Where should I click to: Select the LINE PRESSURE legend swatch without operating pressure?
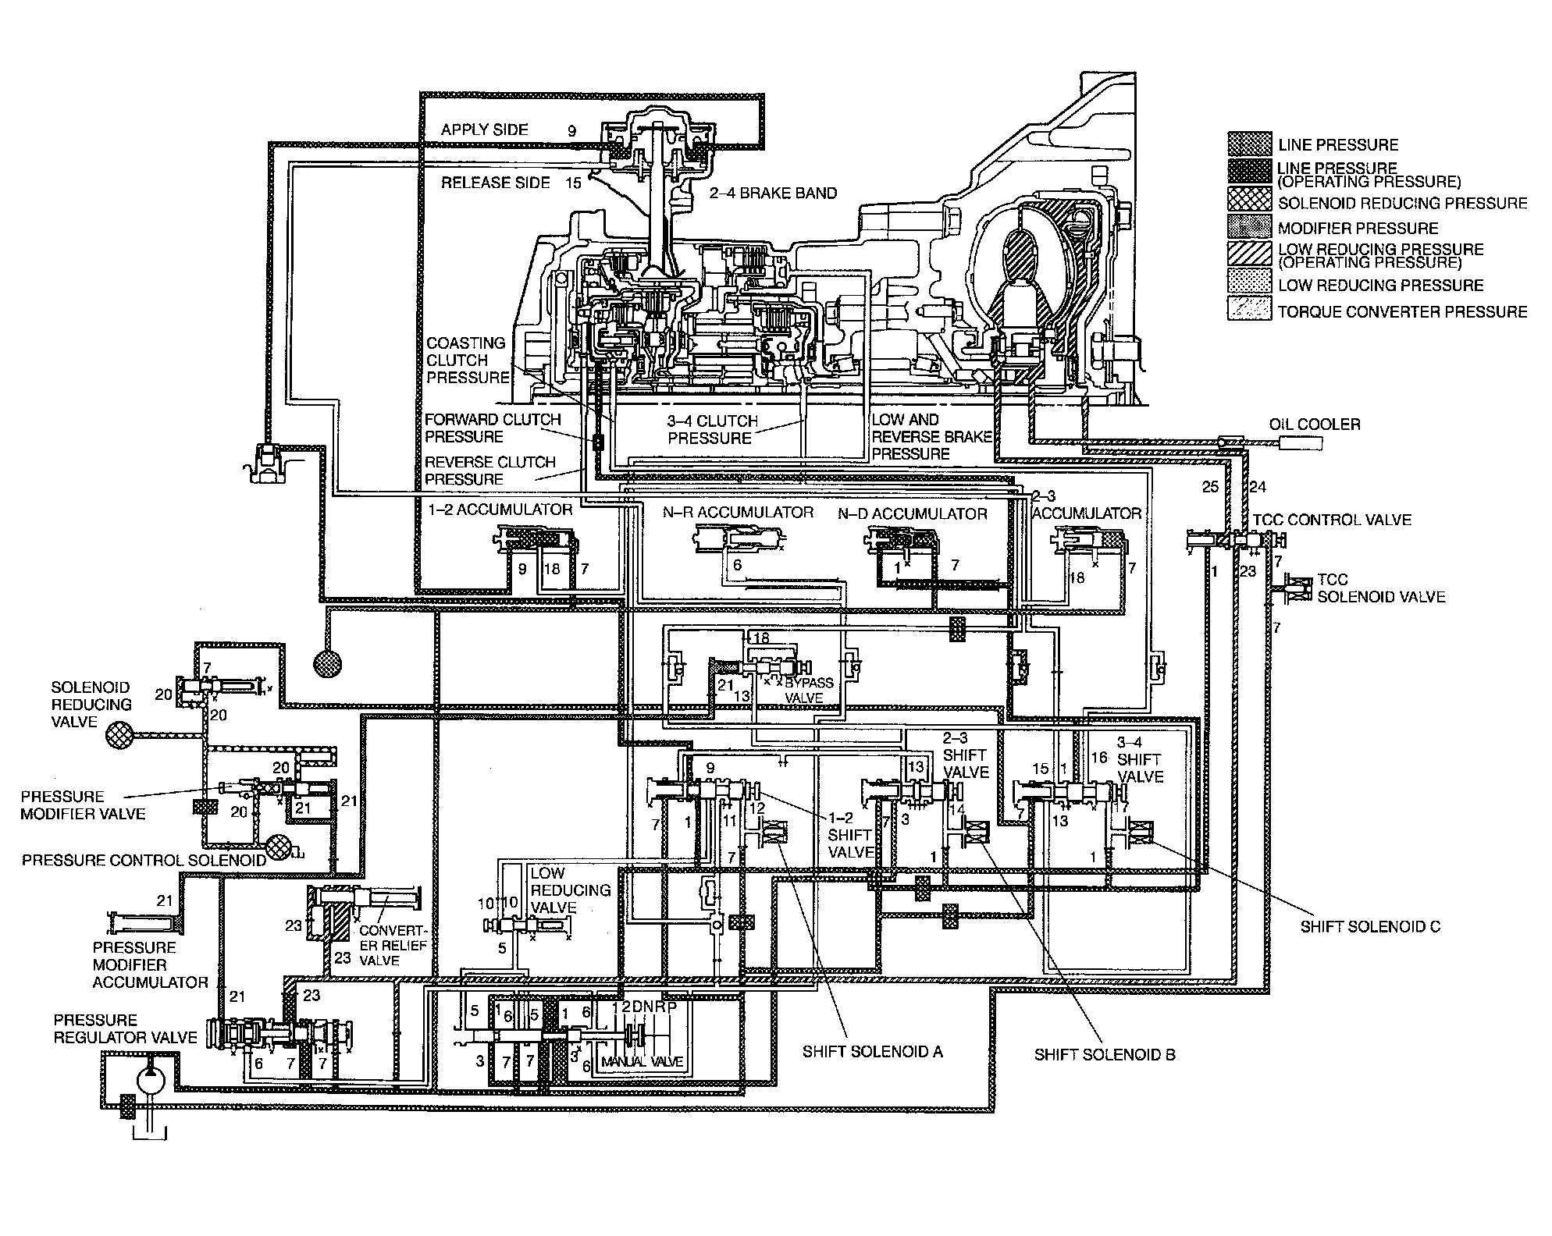click(x=1250, y=144)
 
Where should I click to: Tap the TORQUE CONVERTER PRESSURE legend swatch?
click(x=1250, y=311)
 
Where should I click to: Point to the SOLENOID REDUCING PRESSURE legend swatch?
click(x=1250, y=202)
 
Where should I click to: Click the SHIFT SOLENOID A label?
click(x=872, y=1052)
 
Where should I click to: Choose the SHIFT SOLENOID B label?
click(x=1104, y=1055)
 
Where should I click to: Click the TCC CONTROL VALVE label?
click(x=1332, y=520)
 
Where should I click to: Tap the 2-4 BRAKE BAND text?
click(x=772, y=193)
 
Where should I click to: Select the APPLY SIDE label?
click(x=484, y=130)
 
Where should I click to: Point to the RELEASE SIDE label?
click(x=495, y=183)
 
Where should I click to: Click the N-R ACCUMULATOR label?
click(x=738, y=512)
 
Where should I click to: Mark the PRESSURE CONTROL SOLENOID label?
click(x=144, y=860)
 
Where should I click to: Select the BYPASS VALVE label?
click(x=810, y=690)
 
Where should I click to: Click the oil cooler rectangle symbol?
click(x=1301, y=443)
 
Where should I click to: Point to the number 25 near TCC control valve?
click(x=1210, y=487)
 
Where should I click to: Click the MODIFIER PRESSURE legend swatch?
click(x=1250, y=228)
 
